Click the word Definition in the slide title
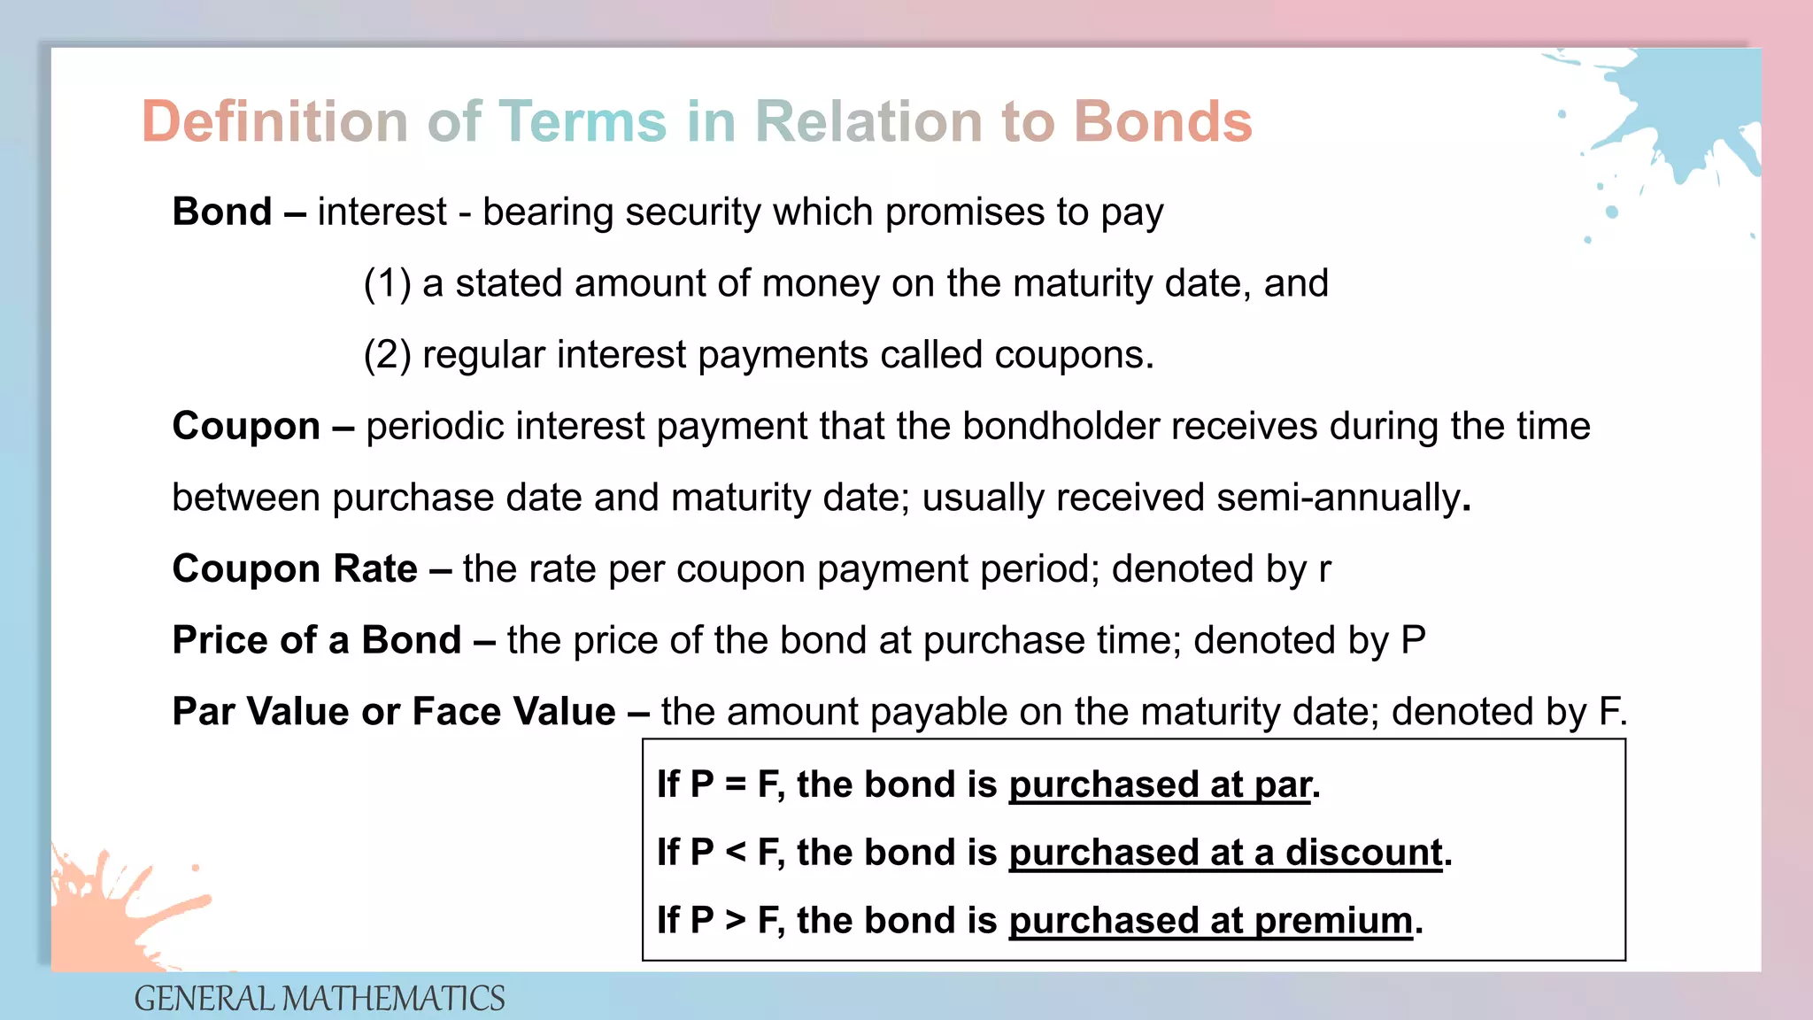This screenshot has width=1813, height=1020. [x=274, y=121]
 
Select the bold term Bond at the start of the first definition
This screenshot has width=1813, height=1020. [x=222, y=212]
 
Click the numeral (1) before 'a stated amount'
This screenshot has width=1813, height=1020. [x=387, y=284]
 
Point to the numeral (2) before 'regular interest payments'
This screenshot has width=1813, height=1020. [x=387, y=355]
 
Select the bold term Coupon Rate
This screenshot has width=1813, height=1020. [x=295, y=568]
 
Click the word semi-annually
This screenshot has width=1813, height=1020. [x=1337, y=498]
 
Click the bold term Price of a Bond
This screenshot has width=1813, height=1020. [x=317, y=640]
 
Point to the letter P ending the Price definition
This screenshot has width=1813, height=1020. [x=1413, y=640]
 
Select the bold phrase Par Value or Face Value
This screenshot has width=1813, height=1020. [x=394, y=712]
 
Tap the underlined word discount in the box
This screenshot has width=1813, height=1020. [x=1364, y=853]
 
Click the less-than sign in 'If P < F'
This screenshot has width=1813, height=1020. [x=736, y=853]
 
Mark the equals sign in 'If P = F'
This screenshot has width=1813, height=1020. [x=736, y=784]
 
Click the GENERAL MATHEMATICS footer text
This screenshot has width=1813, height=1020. [x=320, y=999]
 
